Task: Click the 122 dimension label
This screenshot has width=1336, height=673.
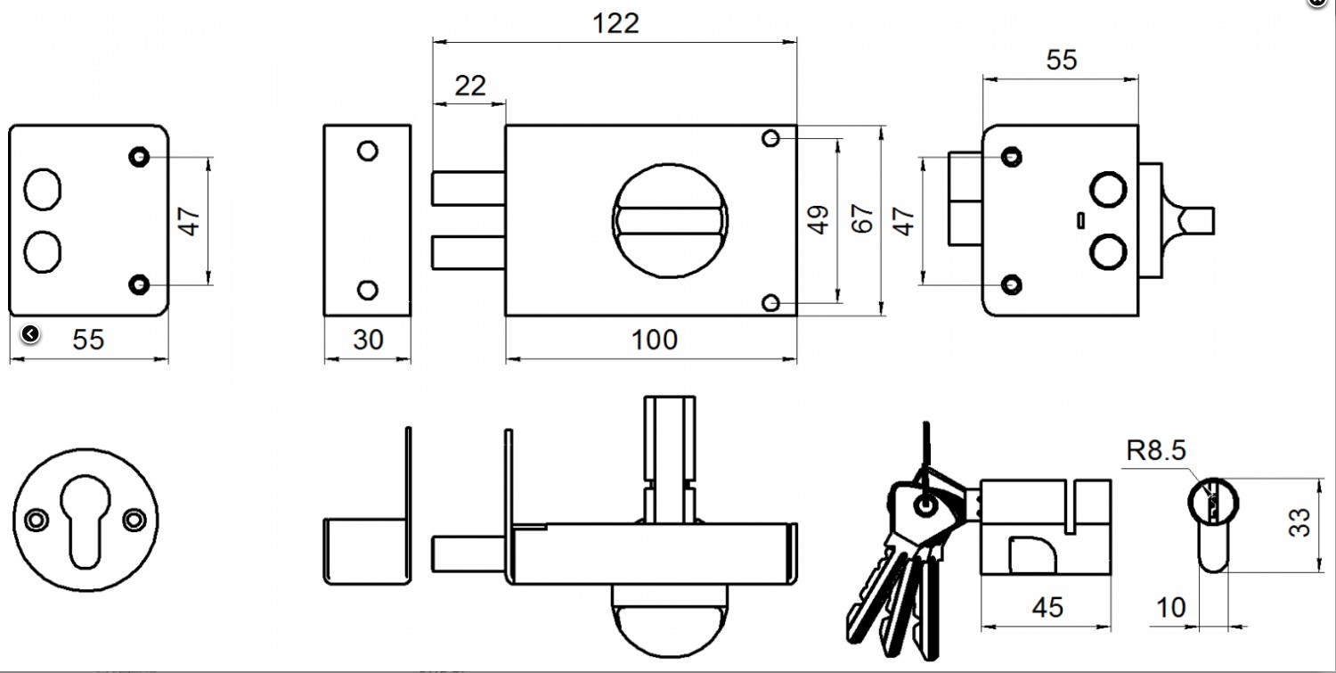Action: coord(616,23)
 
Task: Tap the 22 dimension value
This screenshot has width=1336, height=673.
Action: coord(470,86)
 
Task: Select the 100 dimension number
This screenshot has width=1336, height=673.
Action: coord(654,340)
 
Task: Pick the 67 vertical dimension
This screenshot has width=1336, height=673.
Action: coord(861,219)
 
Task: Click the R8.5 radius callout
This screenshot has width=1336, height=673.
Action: coord(1156,451)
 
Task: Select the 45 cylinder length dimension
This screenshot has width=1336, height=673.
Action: coord(1047,607)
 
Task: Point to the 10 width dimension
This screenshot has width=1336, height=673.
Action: coord(1171,607)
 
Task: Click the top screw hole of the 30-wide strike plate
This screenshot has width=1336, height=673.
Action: coord(367,151)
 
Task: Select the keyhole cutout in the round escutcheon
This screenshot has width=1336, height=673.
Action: coord(86,521)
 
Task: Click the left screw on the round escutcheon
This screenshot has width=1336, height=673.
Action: coord(36,519)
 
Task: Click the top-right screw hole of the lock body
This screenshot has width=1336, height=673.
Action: coord(771,138)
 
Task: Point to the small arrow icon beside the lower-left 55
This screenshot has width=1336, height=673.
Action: coord(30,333)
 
